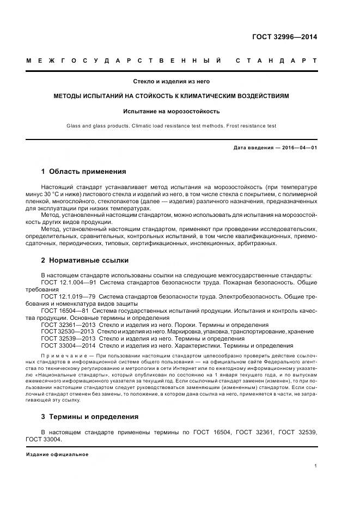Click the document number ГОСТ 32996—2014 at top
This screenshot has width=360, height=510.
[x=284, y=38]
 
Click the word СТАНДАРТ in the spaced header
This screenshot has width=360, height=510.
[x=276, y=60]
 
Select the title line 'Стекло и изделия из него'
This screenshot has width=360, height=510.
[x=172, y=82]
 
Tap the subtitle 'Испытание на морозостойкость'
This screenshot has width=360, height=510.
[x=172, y=111]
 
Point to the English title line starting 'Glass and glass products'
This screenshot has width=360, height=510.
[x=172, y=126]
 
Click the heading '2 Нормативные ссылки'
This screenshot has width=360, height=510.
[x=82, y=260]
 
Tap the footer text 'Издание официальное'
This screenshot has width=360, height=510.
[x=57, y=454]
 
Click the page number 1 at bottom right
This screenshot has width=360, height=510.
[x=315, y=466]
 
